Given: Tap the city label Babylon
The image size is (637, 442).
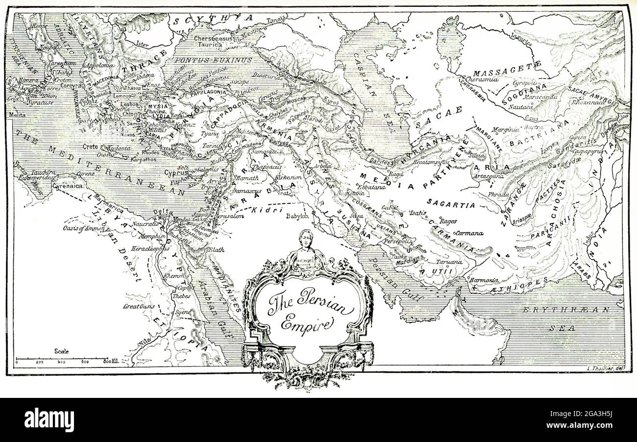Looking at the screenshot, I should pos(297,216).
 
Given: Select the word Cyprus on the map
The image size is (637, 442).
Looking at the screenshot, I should pos(176,172).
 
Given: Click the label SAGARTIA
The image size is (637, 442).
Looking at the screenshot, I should pos(451,204).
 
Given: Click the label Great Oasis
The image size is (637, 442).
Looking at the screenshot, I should pos(139,306).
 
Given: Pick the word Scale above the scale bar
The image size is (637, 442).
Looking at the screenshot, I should pos(62,351).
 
